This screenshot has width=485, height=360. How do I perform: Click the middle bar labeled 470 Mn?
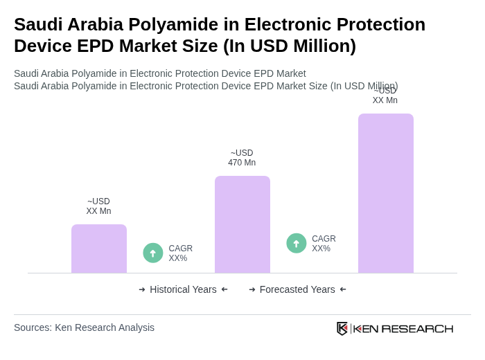click(x=242, y=224)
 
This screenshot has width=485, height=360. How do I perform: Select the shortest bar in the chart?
click(x=99, y=249)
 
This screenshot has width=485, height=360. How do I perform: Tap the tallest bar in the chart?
click(x=385, y=193)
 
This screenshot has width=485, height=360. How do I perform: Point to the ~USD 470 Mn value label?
click(x=242, y=158)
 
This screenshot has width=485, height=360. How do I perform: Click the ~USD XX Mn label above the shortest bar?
click(x=98, y=206)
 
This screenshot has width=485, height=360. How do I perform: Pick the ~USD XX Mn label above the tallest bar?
click(x=385, y=96)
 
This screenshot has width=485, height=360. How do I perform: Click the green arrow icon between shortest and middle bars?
click(x=153, y=253)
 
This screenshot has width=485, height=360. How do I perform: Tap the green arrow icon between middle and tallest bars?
click(x=297, y=243)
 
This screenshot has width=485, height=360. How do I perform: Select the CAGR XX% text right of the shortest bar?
click(x=181, y=253)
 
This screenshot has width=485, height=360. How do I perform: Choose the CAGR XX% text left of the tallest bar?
click(x=324, y=244)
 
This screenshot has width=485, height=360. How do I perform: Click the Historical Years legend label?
click(x=183, y=289)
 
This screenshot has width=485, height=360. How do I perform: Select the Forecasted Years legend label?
click(x=297, y=289)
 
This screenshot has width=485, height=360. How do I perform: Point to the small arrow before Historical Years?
click(x=142, y=289)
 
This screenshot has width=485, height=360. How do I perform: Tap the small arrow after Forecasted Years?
click(x=343, y=289)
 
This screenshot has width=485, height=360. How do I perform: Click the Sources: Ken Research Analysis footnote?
click(x=84, y=327)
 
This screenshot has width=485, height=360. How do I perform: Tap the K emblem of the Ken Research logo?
click(x=342, y=328)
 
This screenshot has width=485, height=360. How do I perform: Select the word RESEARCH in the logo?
click(x=417, y=328)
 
